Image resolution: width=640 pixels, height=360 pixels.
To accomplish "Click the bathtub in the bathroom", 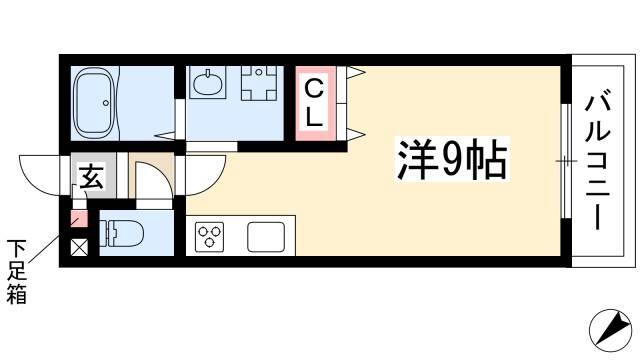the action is pyautogui.click(x=94, y=103).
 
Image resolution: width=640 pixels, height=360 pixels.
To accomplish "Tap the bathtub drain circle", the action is pyautogui.click(x=106, y=103).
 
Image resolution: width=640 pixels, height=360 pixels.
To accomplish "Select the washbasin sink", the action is pyautogui.click(x=208, y=83).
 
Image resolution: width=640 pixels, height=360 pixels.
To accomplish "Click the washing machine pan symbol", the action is pyautogui.click(x=259, y=83).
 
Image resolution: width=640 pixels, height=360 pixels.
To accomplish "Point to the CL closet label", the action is pyautogui.click(x=314, y=104).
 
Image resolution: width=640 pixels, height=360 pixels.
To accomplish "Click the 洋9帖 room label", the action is pyautogui.click(x=452, y=160).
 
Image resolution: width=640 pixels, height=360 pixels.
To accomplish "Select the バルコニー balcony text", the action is pyautogui.click(x=598, y=162).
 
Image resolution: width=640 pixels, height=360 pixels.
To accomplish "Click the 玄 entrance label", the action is pyautogui.click(x=91, y=176).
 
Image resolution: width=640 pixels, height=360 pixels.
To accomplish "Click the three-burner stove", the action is pyautogui.click(x=209, y=237).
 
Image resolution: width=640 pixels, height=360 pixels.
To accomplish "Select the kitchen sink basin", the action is pyautogui.click(x=266, y=237).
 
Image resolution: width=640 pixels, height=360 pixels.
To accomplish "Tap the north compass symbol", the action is pyautogui.click(x=610, y=328).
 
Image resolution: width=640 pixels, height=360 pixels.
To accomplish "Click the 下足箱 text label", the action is pyautogui.click(x=17, y=271).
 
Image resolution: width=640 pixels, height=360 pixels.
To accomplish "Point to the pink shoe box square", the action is pyautogui.click(x=79, y=219).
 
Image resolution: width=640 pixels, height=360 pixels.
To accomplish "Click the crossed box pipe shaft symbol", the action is pyautogui.click(x=79, y=247).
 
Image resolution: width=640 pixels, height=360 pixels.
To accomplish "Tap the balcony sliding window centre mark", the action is pyautogui.click(x=566, y=161).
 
